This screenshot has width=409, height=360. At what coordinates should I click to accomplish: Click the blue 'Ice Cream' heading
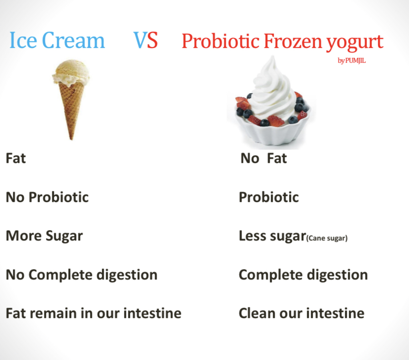pyautogui.click(x=57, y=40)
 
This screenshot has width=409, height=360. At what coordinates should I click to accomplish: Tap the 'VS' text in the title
pyautogui.click(x=146, y=40)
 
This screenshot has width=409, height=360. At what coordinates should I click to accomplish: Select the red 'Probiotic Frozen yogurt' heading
pyautogui.click(x=283, y=41)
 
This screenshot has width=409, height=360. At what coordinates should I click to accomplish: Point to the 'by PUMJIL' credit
pyautogui.click(x=352, y=60)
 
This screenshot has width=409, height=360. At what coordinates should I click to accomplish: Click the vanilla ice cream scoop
pyautogui.click(x=71, y=72)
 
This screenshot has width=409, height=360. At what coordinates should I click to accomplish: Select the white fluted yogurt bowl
pyautogui.click(x=273, y=130)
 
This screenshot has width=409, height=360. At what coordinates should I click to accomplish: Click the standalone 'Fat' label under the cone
pyautogui.click(x=16, y=158)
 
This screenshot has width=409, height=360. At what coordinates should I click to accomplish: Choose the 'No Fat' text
pyautogui.click(x=264, y=158)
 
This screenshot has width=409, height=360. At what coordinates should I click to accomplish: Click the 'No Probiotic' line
pyautogui.click(x=47, y=197)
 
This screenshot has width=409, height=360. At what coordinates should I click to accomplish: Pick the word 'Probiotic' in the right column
pyautogui.click(x=269, y=197)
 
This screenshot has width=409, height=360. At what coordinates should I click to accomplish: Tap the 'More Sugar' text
pyautogui.click(x=44, y=236)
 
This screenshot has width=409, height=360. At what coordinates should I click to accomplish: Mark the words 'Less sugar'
pyautogui.click(x=272, y=236)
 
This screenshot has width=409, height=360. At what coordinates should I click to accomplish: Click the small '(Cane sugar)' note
pyautogui.click(x=327, y=238)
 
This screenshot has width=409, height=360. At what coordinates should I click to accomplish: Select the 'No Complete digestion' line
pyautogui.click(x=82, y=275)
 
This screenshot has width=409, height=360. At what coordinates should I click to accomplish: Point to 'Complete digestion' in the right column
pyautogui.click(x=303, y=275)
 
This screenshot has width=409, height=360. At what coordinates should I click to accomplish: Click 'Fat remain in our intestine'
pyautogui.click(x=94, y=314)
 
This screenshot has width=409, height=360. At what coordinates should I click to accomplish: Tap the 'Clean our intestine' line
pyautogui.click(x=301, y=314)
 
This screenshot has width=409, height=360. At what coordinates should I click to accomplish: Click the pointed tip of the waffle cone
pyautogui.click(x=71, y=139)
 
